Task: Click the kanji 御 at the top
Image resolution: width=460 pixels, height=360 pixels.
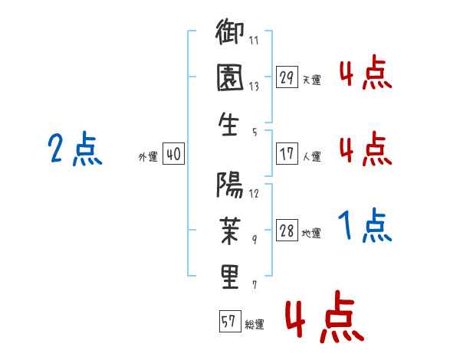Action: tap(230, 31)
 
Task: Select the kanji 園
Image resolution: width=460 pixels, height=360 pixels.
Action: tap(230, 77)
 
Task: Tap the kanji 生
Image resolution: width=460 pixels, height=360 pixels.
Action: tap(228, 124)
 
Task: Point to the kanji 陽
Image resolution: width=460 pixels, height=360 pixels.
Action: tap(230, 185)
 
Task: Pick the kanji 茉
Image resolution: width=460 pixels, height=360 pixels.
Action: tap(230, 231)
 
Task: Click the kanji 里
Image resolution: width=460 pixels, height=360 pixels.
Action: tap(230, 277)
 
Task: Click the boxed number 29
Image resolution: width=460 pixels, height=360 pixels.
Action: tap(287, 77)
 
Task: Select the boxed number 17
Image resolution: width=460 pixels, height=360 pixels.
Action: tap(287, 154)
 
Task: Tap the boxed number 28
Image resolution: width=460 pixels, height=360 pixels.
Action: tap(287, 230)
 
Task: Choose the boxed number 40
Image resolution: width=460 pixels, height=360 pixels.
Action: tap(173, 154)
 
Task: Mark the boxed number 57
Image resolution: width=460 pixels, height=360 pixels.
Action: tap(230, 321)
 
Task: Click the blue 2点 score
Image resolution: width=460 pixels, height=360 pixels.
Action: tap(75, 149)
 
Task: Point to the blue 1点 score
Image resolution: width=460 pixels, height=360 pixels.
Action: tap(365, 225)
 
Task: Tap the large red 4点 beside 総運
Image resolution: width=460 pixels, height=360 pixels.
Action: tap(325, 316)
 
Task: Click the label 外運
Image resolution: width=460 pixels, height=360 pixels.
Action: tap(148, 157)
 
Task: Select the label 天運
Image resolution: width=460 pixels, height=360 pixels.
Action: tap(312, 80)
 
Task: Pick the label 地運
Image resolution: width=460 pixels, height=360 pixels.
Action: tap(311, 234)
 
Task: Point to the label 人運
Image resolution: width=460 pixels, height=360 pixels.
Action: tap(312, 156)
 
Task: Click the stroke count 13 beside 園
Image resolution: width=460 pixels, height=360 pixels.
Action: tap(254, 87)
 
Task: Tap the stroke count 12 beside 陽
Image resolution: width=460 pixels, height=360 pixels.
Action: tap(254, 194)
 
